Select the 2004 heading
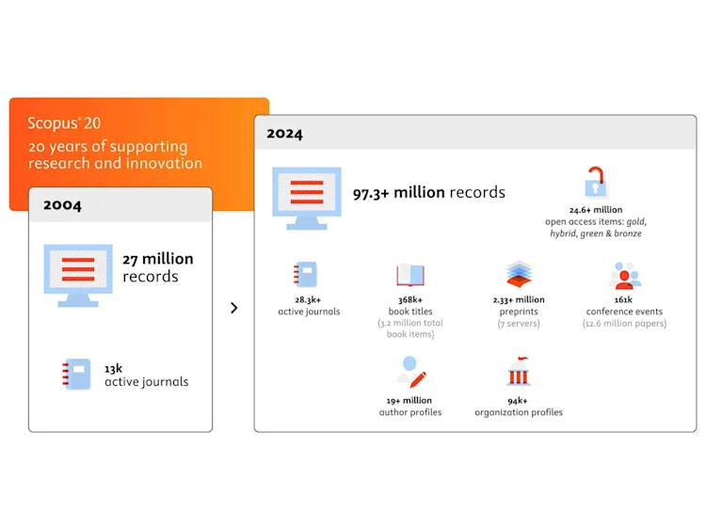pyautogui.click(x=63, y=205)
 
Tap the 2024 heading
pyautogui.click(x=284, y=134)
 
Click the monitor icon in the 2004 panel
pyautogui.click(x=78, y=273)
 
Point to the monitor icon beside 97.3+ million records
pyautogui.click(x=307, y=197)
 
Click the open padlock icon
pyautogui.click(x=595, y=182)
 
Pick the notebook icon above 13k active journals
pyautogui.click(x=77, y=374)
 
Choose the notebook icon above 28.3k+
pyautogui.click(x=308, y=275)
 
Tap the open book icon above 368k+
pyautogui.click(x=410, y=275)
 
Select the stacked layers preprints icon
pyautogui.click(x=520, y=274)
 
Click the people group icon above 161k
pyautogui.click(x=624, y=276)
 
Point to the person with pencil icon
pyautogui.click(x=411, y=371)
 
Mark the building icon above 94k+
pyautogui.click(x=519, y=372)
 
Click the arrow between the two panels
pyautogui.click(x=233, y=308)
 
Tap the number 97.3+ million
pyautogui.click(x=398, y=193)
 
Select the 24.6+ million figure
pyautogui.click(x=595, y=210)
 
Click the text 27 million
pyautogui.click(x=158, y=259)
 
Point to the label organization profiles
pyautogui.click(x=519, y=412)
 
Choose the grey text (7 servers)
pyautogui.click(x=520, y=324)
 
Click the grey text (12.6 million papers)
pyautogui.click(x=624, y=324)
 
